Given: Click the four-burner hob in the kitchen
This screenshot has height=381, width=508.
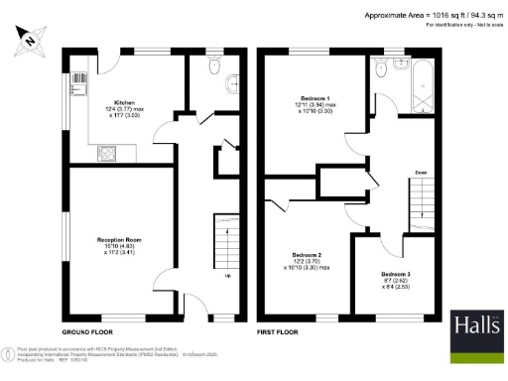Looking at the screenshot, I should coord(104,154).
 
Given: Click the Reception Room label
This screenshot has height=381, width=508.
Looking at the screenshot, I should coord(124,242).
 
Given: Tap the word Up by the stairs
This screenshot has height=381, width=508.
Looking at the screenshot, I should coord(229,276).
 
